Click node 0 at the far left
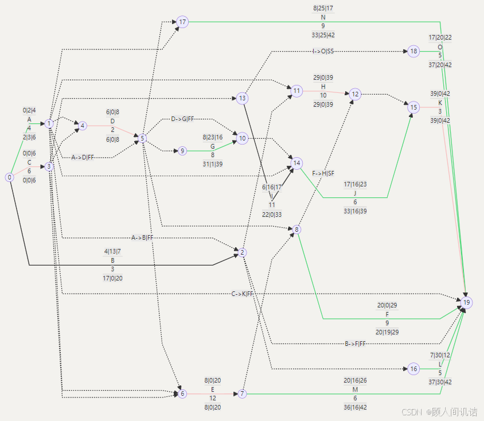pos(10,177)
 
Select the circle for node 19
pos(467,302)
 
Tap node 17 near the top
pos(182,22)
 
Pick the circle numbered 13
pos(243,98)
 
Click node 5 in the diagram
pos(142,138)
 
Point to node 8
pos(296,229)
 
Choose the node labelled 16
pos(414,369)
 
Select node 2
pos(243,252)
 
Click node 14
pos(296,163)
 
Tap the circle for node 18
pos(414,52)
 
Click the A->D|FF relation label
pos(83,157)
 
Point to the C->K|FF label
pos(243,294)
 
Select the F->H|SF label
pos(323,173)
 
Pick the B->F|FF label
pos(355,344)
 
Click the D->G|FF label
pos(182,119)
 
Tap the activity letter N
pos(323,17)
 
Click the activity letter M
pos(355,390)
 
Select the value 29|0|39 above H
pos(323,77)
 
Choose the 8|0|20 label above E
pos(213,380)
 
